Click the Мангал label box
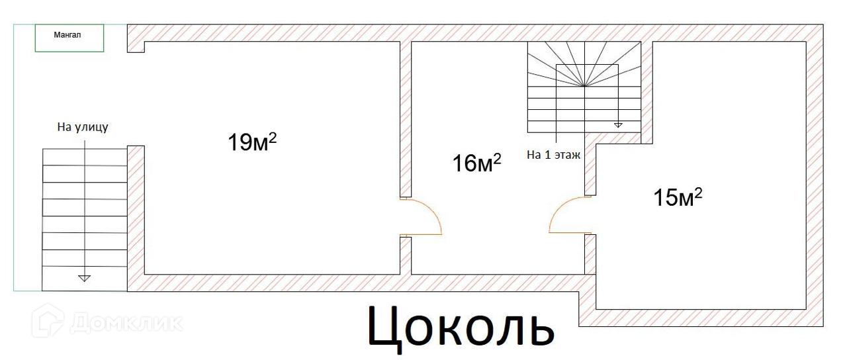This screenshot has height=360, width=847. tap(69, 38)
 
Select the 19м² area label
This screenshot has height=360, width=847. tap(251, 141)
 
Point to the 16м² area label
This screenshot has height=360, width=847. tap(476, 162)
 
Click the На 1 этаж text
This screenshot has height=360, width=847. tap(553, 156)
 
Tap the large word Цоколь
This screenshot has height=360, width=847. tap(461, 326)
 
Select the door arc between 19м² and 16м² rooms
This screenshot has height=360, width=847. tap(423, 216)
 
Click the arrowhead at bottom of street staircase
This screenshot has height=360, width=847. tap(84, 278)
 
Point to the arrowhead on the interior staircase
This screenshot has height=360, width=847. tap(618, 124)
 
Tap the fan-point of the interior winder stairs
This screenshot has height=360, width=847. tap(584, 86)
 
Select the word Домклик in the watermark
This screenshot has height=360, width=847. tap(126, 323)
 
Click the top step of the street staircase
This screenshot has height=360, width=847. tap(84, 157)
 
